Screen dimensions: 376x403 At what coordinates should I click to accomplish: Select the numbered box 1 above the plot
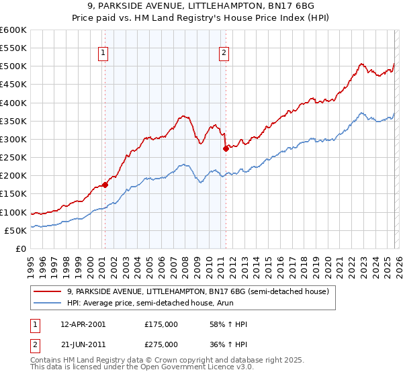(104, 55)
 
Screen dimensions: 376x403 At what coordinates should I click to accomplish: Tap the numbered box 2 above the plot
(224, 55)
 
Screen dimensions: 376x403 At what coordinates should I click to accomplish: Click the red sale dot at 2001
(105, 184)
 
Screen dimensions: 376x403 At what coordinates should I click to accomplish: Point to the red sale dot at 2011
(226, 148)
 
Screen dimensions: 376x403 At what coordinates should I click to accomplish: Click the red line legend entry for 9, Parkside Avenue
(197, 291)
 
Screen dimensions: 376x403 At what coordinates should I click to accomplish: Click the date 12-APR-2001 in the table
(83, 324)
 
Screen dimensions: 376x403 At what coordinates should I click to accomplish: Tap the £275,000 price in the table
(161, 344)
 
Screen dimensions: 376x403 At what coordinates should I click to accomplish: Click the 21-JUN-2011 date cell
(83, 344)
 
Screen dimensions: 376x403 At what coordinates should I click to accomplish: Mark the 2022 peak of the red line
(361, 64)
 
